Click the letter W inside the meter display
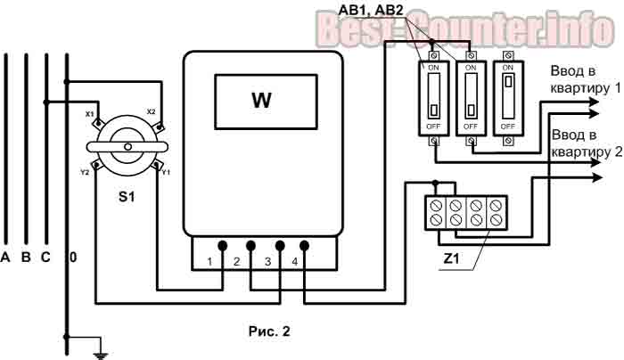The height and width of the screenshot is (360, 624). (261, 100)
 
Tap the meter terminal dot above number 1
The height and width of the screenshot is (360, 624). (223, 246)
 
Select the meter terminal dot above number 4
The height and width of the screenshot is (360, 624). (305, 246)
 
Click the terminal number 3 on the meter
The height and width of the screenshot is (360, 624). (267, 261)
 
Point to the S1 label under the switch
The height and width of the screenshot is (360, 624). (127, 196)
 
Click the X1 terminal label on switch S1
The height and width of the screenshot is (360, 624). (89, 114)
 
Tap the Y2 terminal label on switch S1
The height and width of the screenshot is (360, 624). (85, 173)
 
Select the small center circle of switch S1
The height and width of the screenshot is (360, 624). (127, 147)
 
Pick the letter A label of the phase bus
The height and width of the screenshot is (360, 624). (5, 257)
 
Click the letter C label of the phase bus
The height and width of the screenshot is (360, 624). (45, 257)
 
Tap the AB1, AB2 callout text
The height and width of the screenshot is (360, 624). (371, 10)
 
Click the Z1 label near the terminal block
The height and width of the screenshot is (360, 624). (451, 258)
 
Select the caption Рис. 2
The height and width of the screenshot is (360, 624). (269, 331)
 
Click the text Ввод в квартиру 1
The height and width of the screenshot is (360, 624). (585, 79)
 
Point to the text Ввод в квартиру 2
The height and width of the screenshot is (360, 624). (587, 143)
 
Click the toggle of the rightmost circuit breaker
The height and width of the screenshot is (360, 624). (508, 82)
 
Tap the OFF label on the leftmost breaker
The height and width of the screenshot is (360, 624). (433, 127)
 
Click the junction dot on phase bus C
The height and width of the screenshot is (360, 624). (46, 102)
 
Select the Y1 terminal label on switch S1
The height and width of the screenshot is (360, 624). (166, 172)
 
